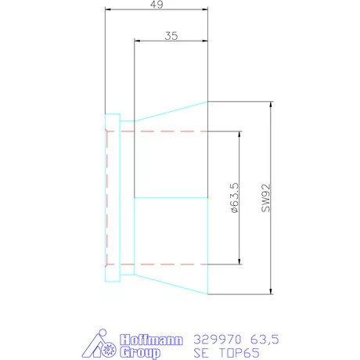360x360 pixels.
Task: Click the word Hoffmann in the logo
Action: tap(150, 340)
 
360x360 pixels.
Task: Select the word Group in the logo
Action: tap(141, 352)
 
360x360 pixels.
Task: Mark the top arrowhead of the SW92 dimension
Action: tap(270, 105)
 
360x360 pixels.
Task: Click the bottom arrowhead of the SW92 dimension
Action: tap(270, 291)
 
